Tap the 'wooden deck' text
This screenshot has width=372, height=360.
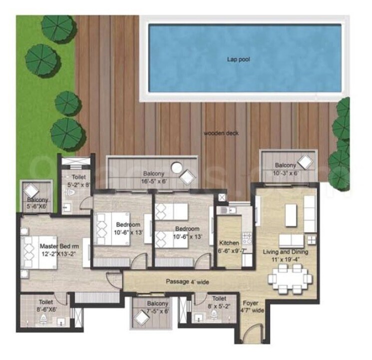[x=221, y=133]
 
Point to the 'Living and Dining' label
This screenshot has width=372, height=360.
[x=286, y=252]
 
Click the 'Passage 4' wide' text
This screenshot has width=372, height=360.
[x=187, y=281]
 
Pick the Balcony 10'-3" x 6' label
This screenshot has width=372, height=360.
[x=286, y=168]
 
